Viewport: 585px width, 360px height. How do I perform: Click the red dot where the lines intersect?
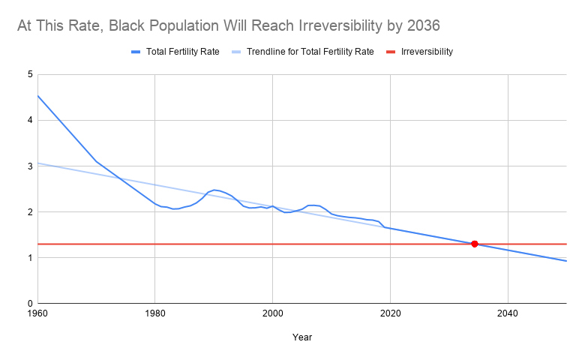coord(475,244)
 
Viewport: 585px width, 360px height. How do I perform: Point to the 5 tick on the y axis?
coord(30,74)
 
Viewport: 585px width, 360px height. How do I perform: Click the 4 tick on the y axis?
coord(30,120)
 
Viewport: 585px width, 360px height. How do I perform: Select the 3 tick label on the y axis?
coord(30,166)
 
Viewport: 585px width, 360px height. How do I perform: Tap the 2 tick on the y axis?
coord(30,212)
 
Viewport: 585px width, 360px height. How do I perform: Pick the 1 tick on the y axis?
coord(30,258)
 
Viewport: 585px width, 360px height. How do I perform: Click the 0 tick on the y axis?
coord(30,304)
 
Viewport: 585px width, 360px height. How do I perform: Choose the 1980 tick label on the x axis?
coord(154,313)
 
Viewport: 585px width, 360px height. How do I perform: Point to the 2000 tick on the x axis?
coord(272,313)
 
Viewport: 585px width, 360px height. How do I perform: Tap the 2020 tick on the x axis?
coord(390,313)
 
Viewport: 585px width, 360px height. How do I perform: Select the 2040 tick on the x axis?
coord(508,313)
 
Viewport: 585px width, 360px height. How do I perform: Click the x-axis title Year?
coord(302,337)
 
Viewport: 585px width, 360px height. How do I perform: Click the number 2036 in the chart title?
coord(422,26)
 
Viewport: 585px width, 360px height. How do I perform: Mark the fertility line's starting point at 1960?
coord(37,95)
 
